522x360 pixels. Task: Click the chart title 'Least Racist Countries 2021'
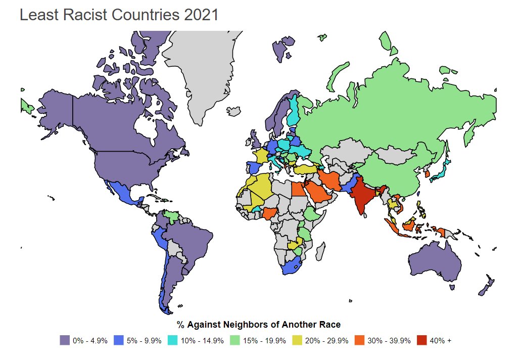coord(119,15)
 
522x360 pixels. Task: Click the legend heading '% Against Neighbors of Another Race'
coord(258,324)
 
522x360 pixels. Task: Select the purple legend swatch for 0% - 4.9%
coord(64,340)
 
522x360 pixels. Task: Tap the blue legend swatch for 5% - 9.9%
coord(119,340)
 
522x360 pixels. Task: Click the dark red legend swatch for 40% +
coord(422,340)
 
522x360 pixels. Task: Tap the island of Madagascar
coord(320,251)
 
